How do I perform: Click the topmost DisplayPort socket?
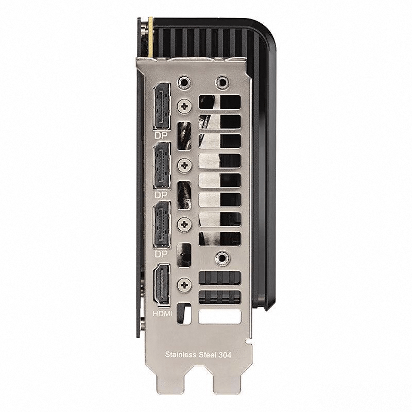[x=162, y=107]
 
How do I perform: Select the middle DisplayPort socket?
[x=162, y=165]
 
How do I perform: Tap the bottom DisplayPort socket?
[x=162, y=225]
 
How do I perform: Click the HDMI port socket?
[x=162, y=284]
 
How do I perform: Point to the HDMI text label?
[x=162, y=314]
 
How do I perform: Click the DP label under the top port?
[x=161, y=135]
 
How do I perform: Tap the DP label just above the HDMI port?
[x=161, y=254]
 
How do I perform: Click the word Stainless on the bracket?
[x=181, y=354]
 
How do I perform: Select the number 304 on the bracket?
[x=225, y=355]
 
